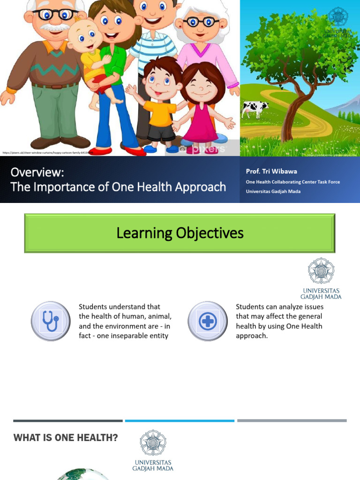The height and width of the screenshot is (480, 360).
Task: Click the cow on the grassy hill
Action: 255,109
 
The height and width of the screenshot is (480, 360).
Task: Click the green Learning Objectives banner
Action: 180,233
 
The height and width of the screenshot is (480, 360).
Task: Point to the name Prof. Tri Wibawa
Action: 271,171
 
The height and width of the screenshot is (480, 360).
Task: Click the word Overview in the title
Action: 37,172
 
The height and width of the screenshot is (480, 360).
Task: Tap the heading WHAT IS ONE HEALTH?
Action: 66,438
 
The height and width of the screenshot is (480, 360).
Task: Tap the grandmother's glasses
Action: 201,22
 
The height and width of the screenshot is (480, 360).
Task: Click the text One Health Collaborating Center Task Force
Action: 293,182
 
